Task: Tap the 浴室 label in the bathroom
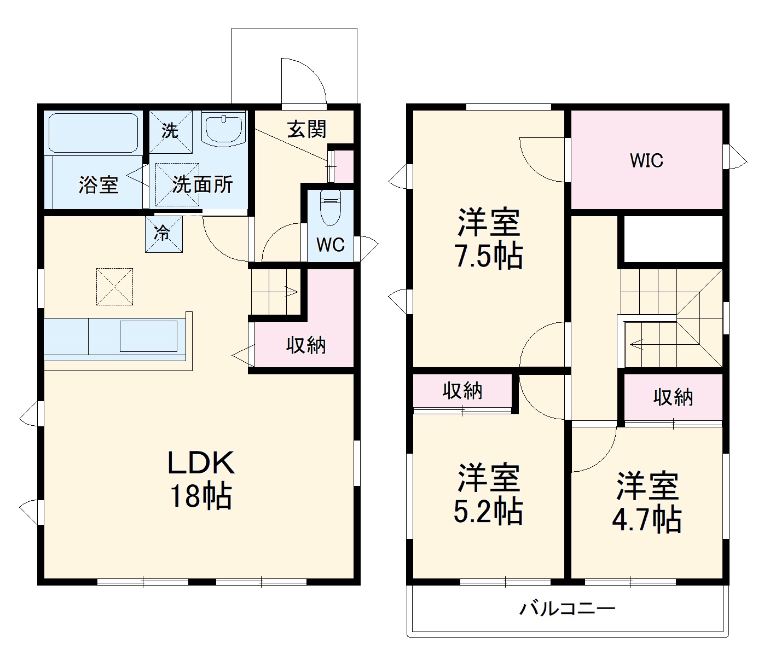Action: point(99,185)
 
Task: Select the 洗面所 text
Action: point(202,185)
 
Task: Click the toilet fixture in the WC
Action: point(330,207)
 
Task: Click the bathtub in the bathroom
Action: point(93,133)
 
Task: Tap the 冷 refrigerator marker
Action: point(163,234)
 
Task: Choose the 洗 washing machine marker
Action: point(170,131)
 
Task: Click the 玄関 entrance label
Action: point(307,129)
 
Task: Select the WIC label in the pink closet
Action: point(646,160)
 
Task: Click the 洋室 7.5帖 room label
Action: point(489,239)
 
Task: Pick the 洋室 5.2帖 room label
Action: point(488,494)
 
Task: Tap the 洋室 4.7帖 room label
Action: point(647,502)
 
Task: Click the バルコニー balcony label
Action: point(568,609)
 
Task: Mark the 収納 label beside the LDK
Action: point(306,345)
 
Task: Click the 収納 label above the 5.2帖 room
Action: point(462,391)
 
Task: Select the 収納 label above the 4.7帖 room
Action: point(673,397)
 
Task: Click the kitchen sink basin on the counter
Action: point(149,336)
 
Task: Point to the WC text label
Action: point(331,245)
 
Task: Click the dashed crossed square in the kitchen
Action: point(115,286)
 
